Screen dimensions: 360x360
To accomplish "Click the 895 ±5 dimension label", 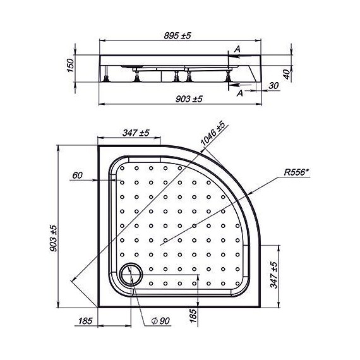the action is click(x=177, y=35).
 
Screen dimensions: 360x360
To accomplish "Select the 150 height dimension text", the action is click(x=71, y=65).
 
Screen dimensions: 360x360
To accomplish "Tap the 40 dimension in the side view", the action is click(x=287, y=75).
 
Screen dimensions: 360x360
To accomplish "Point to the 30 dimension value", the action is click(x=273, y=86).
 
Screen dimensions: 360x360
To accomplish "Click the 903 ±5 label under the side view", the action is click(x=189, y=99).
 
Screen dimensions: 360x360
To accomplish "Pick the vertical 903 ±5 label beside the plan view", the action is click(x=54, y=238).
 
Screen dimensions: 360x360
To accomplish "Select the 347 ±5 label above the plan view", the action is click(x=136, y=133).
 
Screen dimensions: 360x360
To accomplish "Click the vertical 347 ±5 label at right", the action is click(x=274, y=275).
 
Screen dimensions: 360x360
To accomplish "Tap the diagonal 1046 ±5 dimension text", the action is click(x=212, y=133).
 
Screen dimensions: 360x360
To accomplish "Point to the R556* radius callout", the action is click(x=296, y=172).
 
